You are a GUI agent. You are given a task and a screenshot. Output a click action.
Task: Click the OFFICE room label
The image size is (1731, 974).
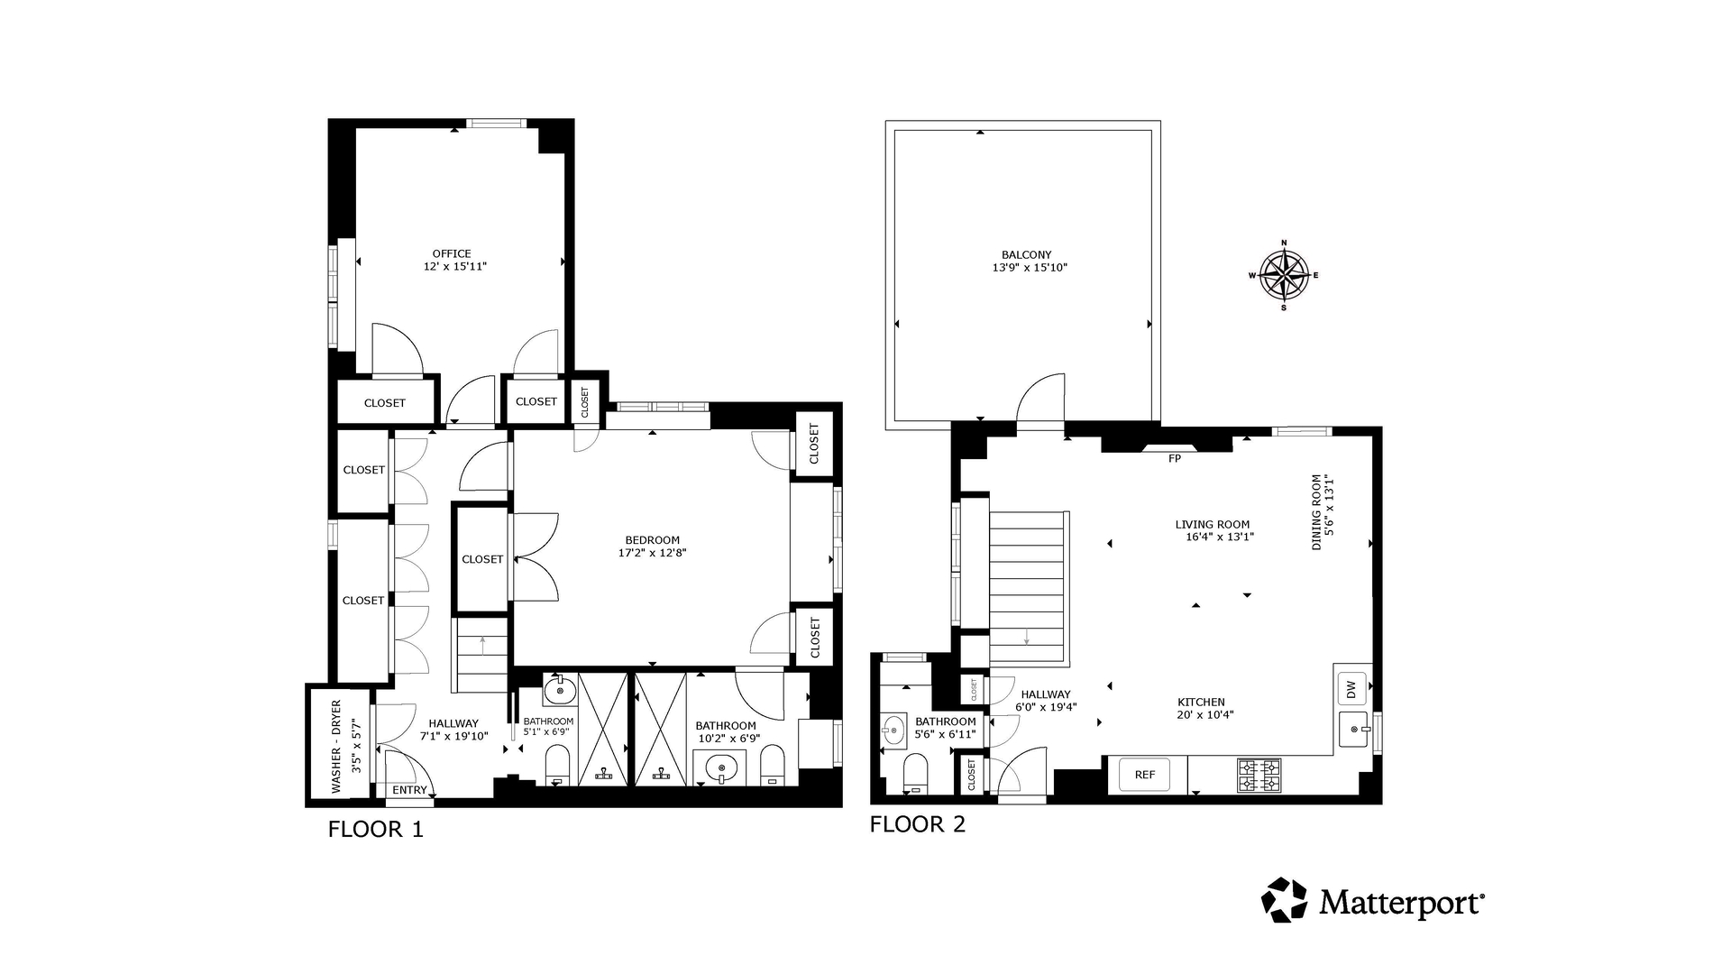click(x=451, y=253)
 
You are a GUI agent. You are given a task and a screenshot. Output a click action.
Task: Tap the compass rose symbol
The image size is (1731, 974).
click(x=1284, y=275)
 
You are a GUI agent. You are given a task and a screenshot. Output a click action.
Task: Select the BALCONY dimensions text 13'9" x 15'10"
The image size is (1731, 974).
click(x=1029, y=268)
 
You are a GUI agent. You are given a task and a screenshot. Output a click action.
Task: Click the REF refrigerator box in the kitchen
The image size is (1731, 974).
click(x=1144, y=775)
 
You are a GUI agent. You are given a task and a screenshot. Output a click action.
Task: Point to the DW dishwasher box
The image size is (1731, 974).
click(x=1351, y=691)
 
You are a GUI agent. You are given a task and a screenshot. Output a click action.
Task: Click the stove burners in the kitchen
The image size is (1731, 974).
click(x=1259, y=775)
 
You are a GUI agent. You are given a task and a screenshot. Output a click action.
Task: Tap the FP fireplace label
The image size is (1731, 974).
click(x=1174, y=459)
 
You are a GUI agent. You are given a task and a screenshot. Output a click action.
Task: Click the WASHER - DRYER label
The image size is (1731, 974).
click(x=336, y=746)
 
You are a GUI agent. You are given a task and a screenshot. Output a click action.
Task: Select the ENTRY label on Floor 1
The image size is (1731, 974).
click(x=409, y=790)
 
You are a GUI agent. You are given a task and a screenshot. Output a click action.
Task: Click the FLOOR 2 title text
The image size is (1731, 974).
click(x=917, y=824)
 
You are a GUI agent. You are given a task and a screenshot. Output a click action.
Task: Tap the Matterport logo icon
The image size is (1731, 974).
click(x=1284, y=900)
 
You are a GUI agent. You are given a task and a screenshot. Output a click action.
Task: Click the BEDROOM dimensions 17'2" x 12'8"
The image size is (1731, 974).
click(x=652, y=553)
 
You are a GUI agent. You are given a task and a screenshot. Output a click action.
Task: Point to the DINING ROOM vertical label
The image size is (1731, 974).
click(x=1316, y=512)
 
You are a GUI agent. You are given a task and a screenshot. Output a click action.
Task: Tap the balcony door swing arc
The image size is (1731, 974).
click(x=1042, y=397)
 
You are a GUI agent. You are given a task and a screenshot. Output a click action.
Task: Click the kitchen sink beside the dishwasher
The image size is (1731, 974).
click(x=1353, y=729)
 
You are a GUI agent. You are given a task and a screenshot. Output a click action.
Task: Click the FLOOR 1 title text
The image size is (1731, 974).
click(x=375, y=829)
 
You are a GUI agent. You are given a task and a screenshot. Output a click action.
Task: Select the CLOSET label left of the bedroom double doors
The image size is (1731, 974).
click(x=482, y=559)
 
